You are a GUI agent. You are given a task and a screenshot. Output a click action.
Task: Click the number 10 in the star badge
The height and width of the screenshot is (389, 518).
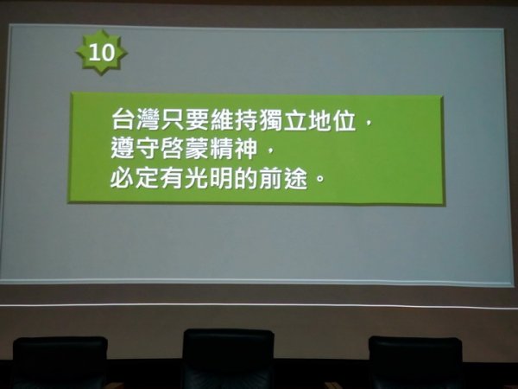tap(102, 53)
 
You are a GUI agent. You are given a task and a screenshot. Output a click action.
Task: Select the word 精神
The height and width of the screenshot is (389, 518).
tap(234, 149)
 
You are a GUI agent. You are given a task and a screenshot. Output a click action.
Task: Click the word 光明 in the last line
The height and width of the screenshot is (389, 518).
tap(209, 178)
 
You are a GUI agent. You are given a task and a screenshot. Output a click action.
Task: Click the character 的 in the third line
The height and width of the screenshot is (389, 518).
tap(246, 178)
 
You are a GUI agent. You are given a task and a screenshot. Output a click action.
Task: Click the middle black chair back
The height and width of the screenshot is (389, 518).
tap(228, 359)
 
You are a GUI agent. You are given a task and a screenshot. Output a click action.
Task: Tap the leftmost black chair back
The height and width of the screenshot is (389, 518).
tap(60, 362)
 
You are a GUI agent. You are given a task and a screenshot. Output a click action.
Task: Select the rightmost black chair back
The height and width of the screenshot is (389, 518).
tap(415, 362)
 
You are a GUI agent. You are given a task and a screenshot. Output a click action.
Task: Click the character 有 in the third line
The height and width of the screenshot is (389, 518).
tap(172, 178)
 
